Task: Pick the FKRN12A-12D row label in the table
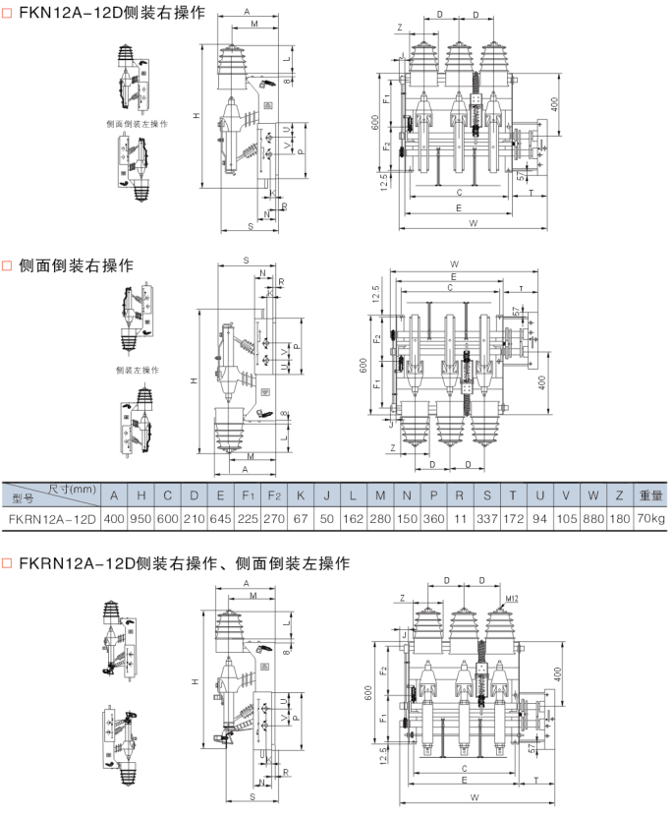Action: (50, 517)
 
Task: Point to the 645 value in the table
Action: (223, 517)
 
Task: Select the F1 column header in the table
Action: (250, 495)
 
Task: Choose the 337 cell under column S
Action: (485, 517)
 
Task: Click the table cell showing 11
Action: (459, 517)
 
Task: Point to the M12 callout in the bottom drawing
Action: (512, 598)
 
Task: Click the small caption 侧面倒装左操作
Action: (136, 124)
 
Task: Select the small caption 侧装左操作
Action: (137, 370)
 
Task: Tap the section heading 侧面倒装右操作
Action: (75, 265)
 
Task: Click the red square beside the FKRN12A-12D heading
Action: (8, 563)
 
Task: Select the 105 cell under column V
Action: (565, 517)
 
